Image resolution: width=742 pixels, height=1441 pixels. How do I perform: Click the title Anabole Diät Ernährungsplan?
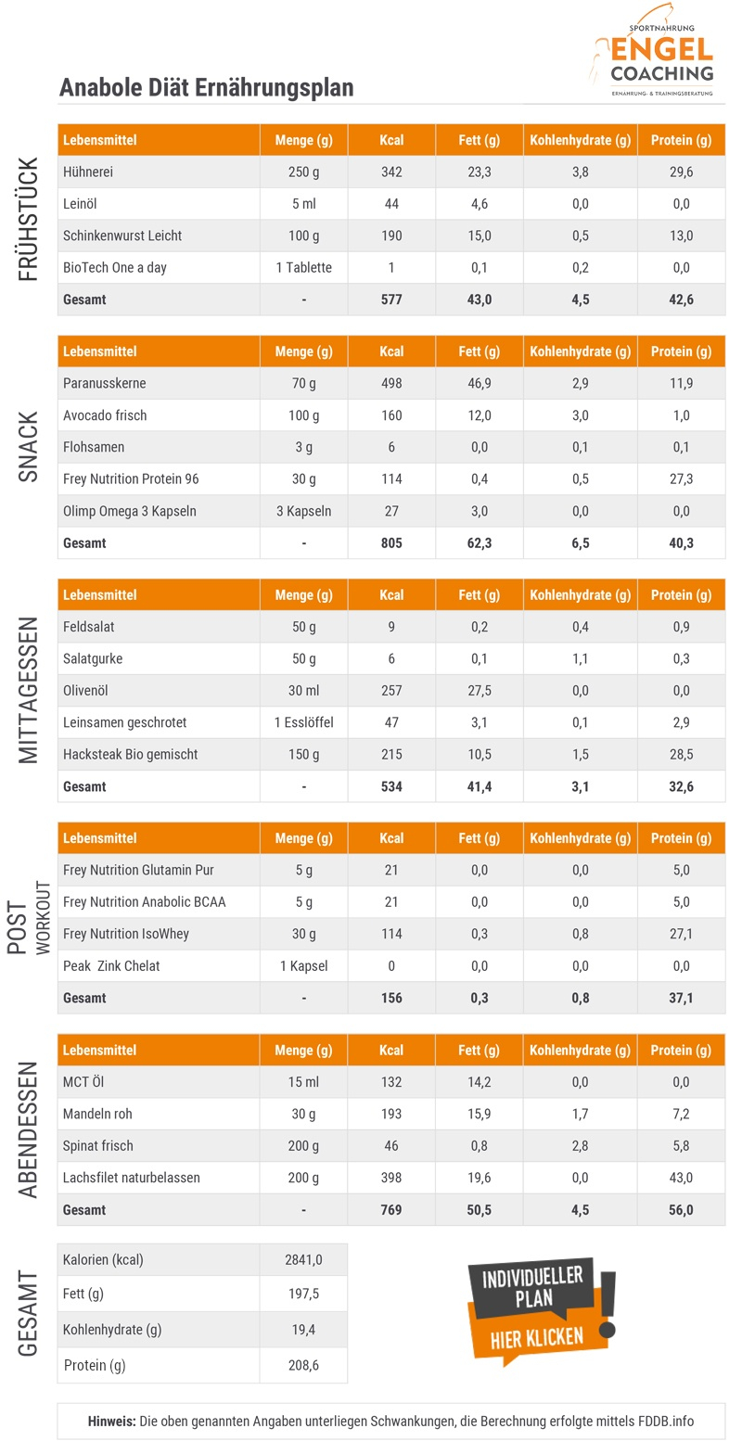(x=206, y=87)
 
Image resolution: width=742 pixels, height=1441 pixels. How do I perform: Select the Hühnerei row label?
(x=88, y=172)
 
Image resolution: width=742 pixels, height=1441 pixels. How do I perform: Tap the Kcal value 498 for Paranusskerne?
(x=391, y=383)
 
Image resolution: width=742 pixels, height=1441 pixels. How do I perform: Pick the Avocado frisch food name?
(x=105, y=415)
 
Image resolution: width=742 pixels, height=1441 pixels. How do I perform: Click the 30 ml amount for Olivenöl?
(x=303, y=691)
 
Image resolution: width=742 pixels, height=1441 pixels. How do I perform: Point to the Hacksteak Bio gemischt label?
(x=130, y=754)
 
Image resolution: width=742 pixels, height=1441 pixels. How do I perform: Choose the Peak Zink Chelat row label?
(x=111, y=965)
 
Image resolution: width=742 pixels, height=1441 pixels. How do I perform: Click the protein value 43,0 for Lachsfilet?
(x=681, y=1178)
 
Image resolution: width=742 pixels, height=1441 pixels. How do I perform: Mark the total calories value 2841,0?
(x=303, y=1259)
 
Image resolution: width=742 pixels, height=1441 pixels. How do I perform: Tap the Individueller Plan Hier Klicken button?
(x=538, y=1308)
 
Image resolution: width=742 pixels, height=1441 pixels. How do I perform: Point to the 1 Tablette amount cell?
(x=303, y=268)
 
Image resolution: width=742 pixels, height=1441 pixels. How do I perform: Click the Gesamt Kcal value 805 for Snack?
(x=391, y=542)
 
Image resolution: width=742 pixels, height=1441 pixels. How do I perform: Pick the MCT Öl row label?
(x=84, y=1082)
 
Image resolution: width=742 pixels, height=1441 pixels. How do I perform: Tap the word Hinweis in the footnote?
(x=111, y=1421)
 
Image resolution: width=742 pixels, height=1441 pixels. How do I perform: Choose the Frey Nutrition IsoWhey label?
(x=126, y=934)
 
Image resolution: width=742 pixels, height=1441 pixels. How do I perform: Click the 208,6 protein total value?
(x=303, y=1365)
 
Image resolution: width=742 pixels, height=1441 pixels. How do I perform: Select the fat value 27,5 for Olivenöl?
(x=479, y=691)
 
